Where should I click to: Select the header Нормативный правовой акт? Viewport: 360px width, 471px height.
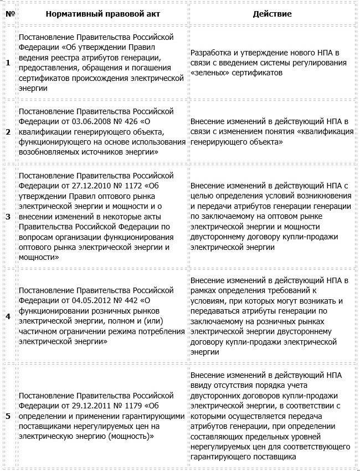[102, 13]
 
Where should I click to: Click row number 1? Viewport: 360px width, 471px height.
[8, 63]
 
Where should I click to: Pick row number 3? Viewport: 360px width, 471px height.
[8, 216]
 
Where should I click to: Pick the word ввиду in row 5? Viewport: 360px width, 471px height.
[201, 386]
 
